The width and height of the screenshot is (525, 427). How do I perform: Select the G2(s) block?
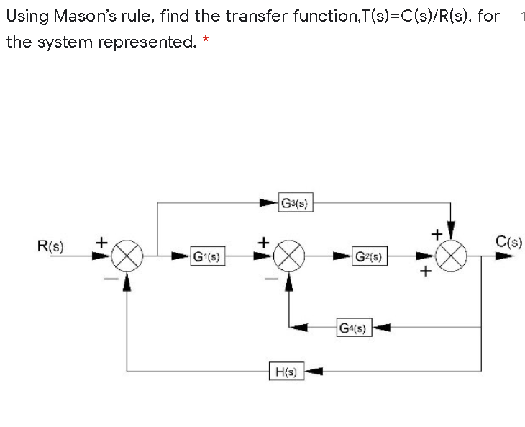click(x=370, y=256)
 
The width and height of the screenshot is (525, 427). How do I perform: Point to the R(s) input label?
click(x=50, y=246)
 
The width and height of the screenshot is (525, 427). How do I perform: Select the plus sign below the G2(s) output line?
click(x=426, y=272)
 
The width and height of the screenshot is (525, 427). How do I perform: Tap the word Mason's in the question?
click(x=85, y=16)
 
